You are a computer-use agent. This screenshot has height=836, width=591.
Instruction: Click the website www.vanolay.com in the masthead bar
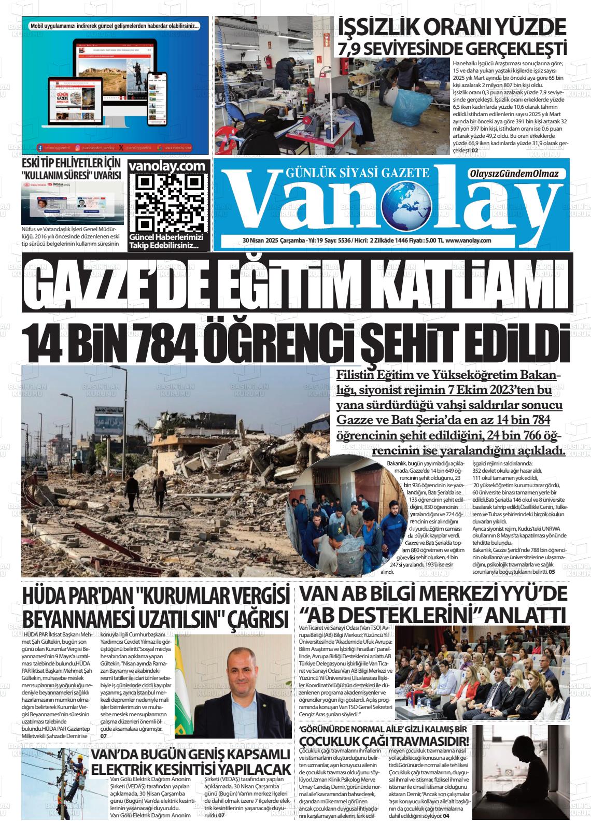click(x=468, y=240)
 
